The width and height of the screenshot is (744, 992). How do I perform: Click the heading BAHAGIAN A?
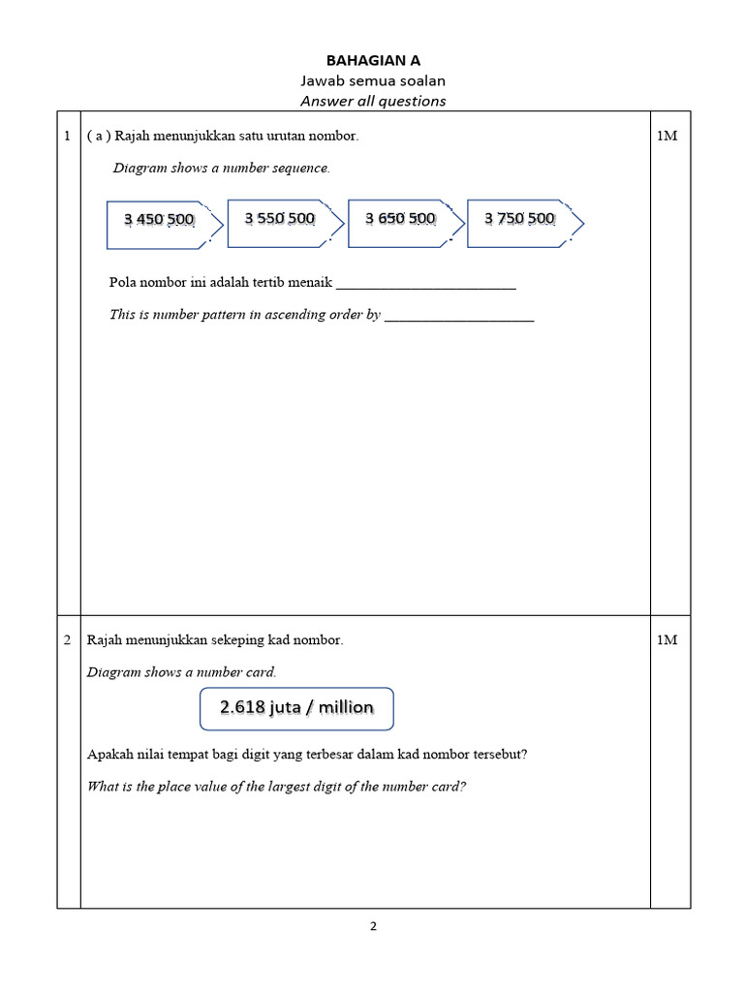coord(373,60)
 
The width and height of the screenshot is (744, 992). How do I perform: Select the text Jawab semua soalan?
coord(373,80)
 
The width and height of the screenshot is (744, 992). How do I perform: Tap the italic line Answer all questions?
coord(373,101)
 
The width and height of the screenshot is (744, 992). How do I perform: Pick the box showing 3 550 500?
coord(280,219)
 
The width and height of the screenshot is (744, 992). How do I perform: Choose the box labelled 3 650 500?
coord(400,219)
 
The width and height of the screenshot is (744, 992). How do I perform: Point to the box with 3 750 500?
coord(520,219)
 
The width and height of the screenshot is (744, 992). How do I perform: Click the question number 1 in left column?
coord(67,137)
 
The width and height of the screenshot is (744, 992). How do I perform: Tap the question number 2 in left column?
coord(67,640)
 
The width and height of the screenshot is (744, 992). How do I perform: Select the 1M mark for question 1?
coord(666,137)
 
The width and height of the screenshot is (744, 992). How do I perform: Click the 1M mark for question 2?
coord(666,640)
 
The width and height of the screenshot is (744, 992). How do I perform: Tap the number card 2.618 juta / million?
coord(296,708)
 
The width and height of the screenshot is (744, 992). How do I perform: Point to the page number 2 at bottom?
coord(373,926)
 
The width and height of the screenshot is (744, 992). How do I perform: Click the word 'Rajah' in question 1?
coord(134,137)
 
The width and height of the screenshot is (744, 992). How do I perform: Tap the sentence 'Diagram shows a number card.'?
coord(182,672)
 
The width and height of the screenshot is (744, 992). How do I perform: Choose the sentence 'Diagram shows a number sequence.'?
coord(222,169)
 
